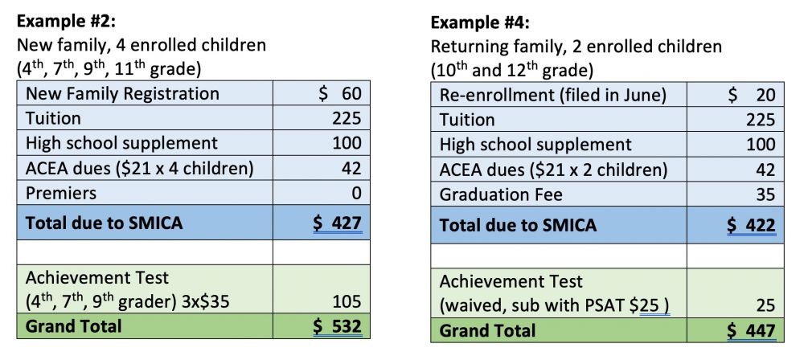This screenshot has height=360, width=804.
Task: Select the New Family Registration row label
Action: coord(122,93)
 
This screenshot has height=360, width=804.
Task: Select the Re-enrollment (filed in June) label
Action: coord(553,95)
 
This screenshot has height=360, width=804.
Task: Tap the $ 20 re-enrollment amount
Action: coord(751,95)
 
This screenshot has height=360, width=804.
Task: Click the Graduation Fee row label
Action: coord(500,194)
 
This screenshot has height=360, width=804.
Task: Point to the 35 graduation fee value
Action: coord(765,194)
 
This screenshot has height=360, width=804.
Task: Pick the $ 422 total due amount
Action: coord(751,224)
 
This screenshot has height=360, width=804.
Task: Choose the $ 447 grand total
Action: coord(751,330)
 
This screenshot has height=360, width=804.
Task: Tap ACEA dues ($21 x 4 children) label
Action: coord(140,168)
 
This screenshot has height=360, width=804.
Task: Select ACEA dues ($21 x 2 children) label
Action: coord(553,170)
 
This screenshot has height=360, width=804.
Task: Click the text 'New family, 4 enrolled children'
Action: coord(142,45)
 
